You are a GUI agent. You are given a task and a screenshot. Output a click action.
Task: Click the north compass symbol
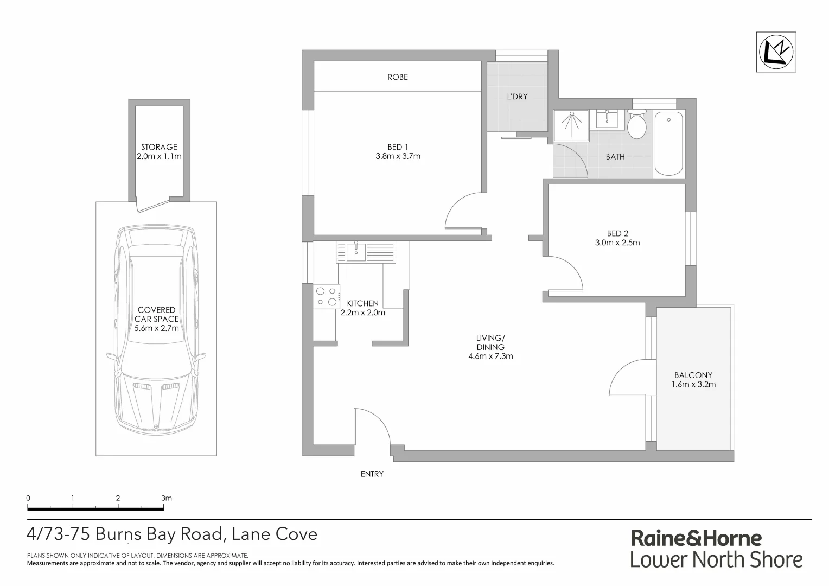776,52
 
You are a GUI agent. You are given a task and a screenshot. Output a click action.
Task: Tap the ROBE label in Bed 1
397,77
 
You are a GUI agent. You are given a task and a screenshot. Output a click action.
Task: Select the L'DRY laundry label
516,97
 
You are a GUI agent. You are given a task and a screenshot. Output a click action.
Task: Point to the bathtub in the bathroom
669,143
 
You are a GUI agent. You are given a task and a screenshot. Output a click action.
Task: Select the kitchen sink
356,251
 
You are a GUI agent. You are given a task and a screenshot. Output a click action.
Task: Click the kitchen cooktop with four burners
326,296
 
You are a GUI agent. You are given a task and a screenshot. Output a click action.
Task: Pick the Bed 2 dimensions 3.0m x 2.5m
617,243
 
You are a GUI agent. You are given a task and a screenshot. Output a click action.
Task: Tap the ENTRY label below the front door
372,474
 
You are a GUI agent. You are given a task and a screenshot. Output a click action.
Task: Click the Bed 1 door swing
461,212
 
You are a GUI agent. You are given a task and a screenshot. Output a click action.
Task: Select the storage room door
153,206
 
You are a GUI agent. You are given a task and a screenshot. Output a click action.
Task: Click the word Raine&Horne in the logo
696,538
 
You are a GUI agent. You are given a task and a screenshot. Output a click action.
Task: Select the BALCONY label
693,375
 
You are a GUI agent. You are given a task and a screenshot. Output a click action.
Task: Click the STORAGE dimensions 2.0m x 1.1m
159,156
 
